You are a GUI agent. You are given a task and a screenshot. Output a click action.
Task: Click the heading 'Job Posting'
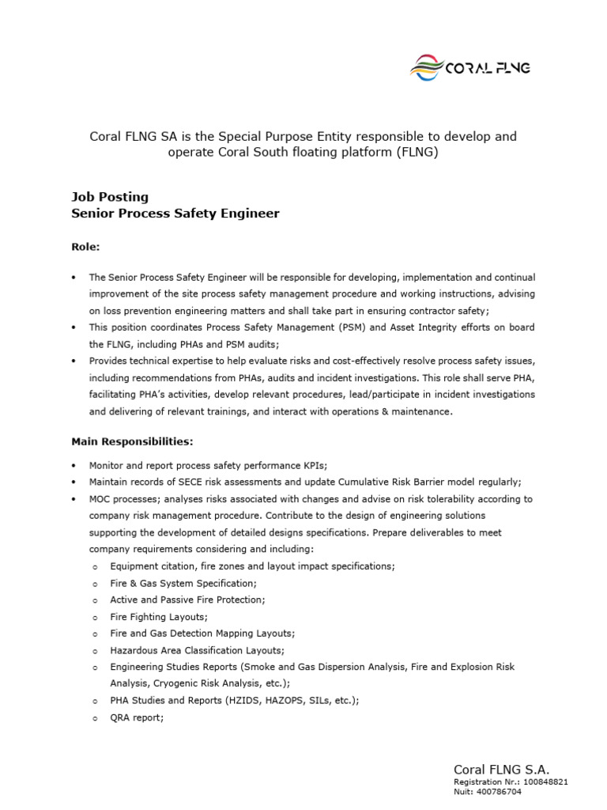point(110,196)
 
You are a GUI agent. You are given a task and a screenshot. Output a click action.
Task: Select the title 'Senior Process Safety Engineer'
point(175,214)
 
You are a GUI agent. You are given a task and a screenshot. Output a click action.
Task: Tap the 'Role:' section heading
point(86,247)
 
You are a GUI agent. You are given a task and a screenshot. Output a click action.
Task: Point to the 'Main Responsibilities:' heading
point(132,441)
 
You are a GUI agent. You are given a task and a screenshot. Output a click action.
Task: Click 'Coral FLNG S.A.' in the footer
point(501,769)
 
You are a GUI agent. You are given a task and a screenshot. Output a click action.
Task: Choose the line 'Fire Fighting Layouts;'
point(159,616)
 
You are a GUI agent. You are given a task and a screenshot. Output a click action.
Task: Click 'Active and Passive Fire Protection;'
point(187,600)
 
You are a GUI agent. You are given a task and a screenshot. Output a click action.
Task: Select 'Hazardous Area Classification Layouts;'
point(197,650)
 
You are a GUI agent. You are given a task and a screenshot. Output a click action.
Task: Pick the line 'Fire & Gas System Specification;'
point(183,583)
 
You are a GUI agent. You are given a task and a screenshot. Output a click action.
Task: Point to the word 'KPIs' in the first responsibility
point(292,466)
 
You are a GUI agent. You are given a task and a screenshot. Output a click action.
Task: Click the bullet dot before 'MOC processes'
point(74,499)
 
